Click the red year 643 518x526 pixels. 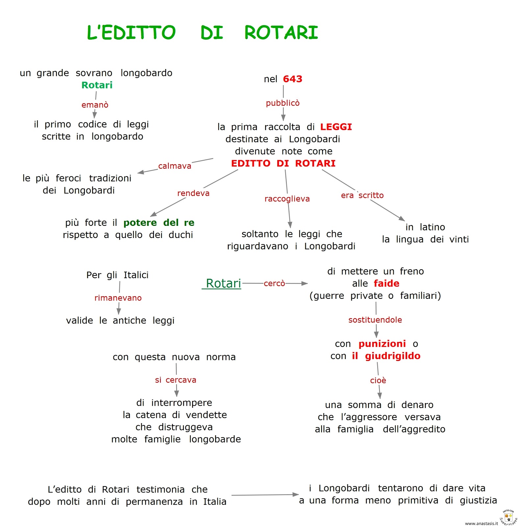coord(292,79)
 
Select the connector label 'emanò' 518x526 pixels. coord(95,105)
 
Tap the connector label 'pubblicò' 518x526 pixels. coord(283,103)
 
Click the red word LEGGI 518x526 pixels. coord(336,127)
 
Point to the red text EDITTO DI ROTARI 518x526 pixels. coord(283,163)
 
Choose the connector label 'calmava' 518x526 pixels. coord(175,166)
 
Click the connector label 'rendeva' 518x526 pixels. coord(193,193)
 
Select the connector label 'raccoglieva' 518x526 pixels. coord(287,199)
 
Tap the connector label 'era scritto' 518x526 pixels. coord(362,195)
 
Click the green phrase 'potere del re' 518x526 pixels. coord(159,223)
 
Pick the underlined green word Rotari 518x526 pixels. coord(223,283)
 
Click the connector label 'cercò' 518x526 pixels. coord(274,283)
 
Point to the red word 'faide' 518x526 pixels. coord(386,283)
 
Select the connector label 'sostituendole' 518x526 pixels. coord(375,320)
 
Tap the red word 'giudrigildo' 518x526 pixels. coord(392,356)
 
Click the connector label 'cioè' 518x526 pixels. coord(378,380)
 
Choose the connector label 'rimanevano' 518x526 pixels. coord(118,298)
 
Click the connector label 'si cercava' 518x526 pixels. coord(176,380)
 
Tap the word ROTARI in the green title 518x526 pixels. coord(281,33)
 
